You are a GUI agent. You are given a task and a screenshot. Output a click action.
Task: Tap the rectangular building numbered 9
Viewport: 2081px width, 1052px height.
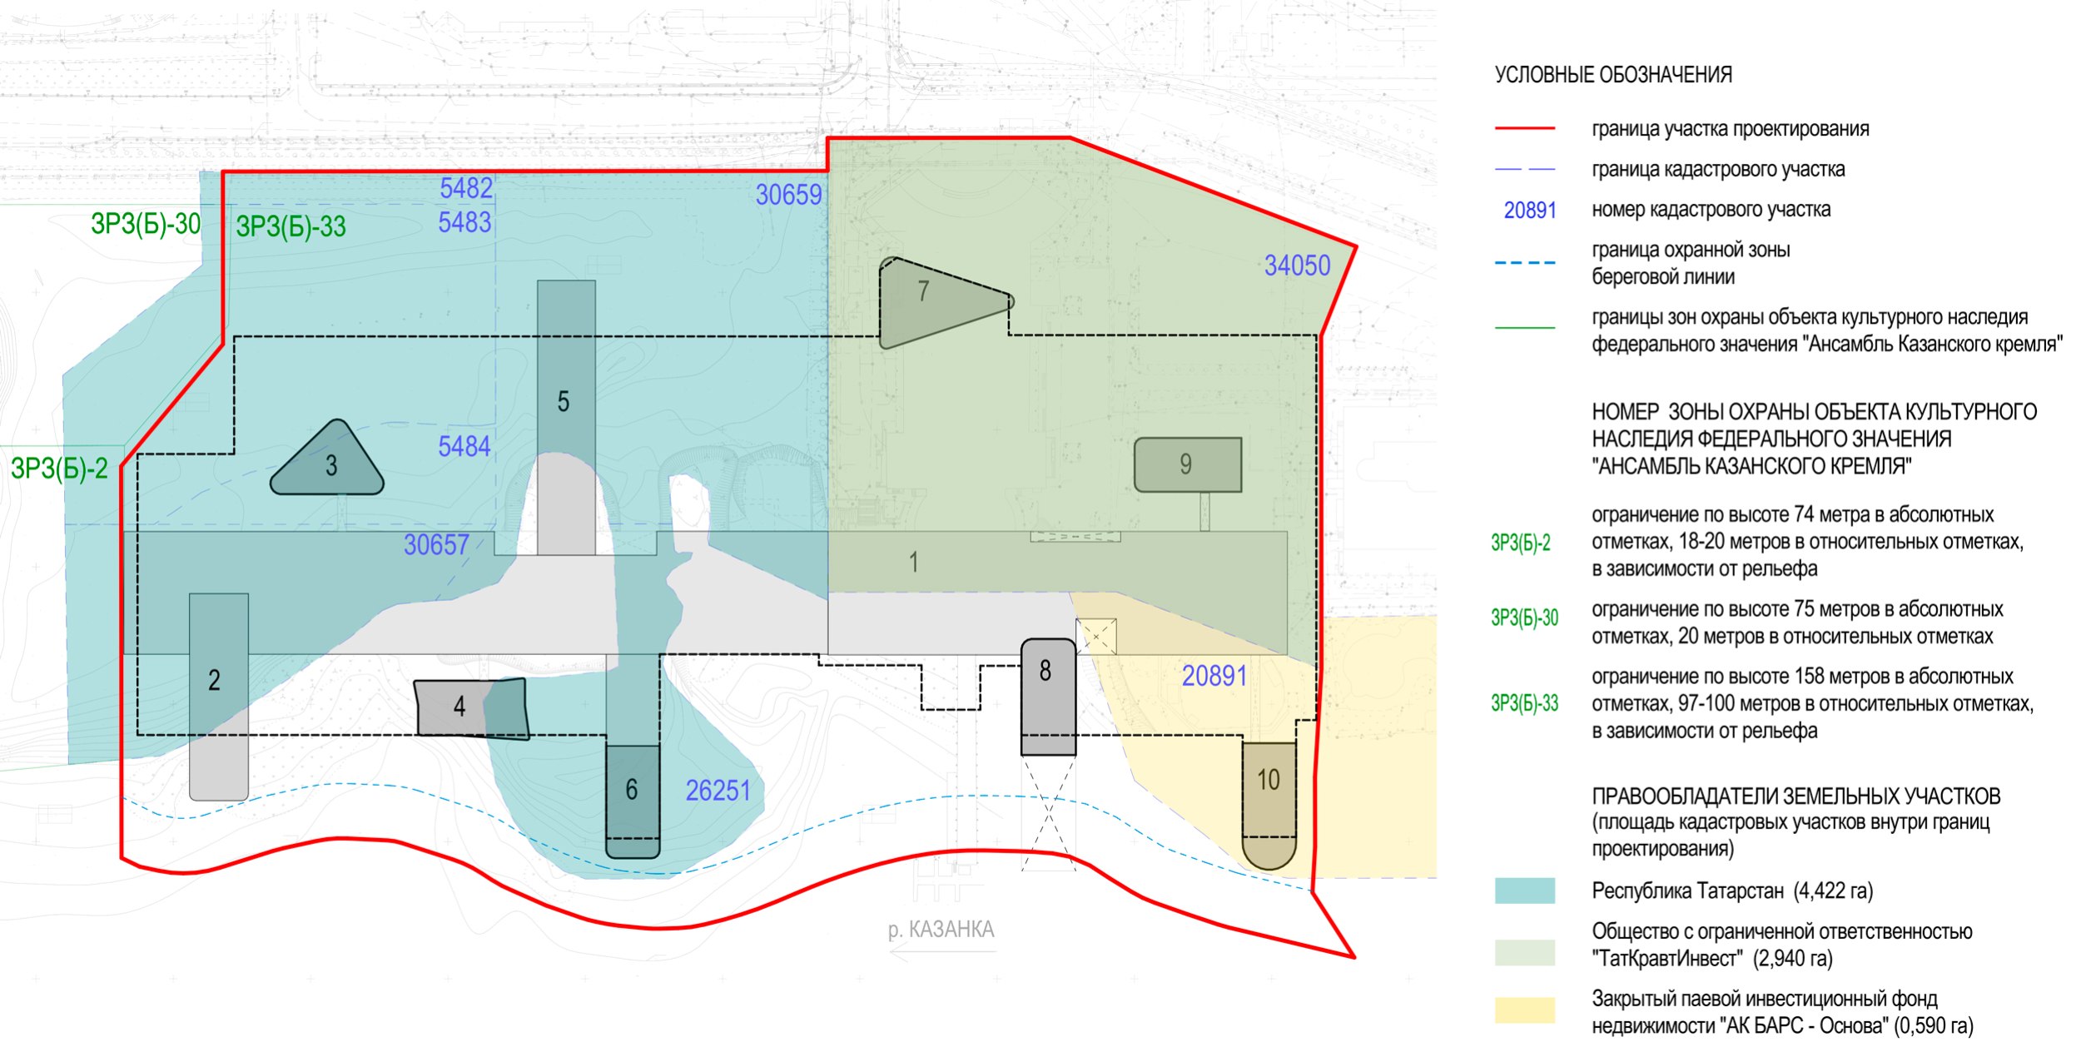[1188, 464]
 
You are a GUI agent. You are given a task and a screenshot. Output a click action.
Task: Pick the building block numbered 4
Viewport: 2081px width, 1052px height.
[471, 708]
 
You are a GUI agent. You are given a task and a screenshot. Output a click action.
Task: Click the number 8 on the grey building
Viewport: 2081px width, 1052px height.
[1045, 671]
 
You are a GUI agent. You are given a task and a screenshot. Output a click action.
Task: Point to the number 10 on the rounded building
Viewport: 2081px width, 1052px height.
[1269, 780]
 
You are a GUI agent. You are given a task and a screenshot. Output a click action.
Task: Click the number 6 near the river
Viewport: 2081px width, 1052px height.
[632, 789]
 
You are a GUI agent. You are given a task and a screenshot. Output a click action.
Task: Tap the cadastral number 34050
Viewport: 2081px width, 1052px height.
[1297, 265]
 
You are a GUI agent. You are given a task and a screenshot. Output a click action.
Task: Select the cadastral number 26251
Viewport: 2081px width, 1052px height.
[718, 791]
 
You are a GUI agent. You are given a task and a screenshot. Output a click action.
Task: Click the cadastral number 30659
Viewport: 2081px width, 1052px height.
[788, 195]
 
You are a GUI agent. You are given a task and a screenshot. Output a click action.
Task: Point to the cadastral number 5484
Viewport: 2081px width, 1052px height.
[464, 447]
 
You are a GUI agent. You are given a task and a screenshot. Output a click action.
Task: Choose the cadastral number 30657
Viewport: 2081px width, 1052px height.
[436, 545]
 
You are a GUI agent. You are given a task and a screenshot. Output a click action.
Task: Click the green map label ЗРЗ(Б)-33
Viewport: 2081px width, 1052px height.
[291, 226]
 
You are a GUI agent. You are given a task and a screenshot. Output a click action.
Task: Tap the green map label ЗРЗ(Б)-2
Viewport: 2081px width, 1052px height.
[59, 469]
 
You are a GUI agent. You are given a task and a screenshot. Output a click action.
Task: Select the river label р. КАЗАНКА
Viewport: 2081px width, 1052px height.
[941, 930]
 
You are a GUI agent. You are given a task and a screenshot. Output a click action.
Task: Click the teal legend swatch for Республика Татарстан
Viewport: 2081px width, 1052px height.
[1525, 891]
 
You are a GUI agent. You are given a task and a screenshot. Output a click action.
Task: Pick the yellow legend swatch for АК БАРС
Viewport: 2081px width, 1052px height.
[1525, 1010]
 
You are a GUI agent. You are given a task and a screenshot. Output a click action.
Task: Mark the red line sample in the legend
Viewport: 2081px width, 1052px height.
[1525, 129]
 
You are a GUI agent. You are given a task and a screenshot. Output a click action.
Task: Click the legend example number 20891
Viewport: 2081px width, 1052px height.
[1530, 211]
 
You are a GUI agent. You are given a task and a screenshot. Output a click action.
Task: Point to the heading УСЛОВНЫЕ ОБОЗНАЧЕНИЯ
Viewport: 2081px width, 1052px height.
[1613, 75]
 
